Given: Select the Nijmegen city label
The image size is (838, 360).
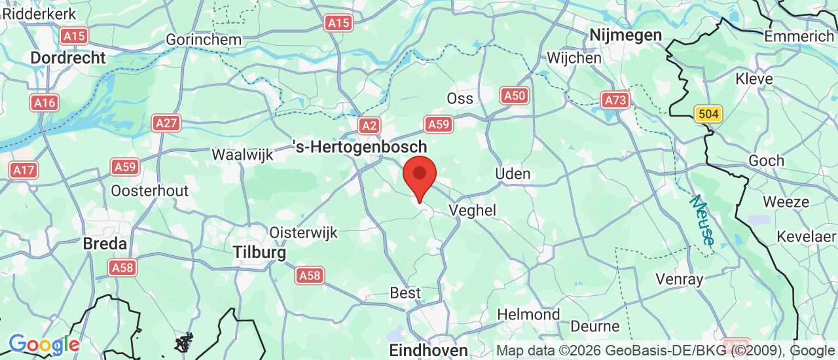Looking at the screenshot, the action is [625, 35].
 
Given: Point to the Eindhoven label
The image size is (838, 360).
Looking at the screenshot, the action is [428, 350].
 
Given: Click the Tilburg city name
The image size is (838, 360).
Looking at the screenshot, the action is [260, 253].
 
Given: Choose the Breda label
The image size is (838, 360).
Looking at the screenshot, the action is [105, 244].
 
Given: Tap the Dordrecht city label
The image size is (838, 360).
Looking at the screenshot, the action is [68, 58].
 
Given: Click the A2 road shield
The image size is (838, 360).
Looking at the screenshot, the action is [369, 126].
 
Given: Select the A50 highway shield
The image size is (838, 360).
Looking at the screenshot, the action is [515, 96].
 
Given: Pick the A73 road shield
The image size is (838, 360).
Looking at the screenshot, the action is [615, 100].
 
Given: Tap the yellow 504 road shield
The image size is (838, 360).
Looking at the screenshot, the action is [708, 115].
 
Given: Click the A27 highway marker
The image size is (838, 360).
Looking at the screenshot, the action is [166, 122].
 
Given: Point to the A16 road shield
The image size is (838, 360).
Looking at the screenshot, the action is [44, 103].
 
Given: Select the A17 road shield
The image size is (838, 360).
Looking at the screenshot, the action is [24, 171].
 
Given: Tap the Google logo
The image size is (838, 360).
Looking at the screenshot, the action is [44, 344].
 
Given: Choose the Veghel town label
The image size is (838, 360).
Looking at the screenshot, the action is [472, 210].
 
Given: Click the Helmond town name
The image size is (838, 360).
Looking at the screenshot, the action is [528, 314].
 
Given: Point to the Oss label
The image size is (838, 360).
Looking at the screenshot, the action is [460, 98].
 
